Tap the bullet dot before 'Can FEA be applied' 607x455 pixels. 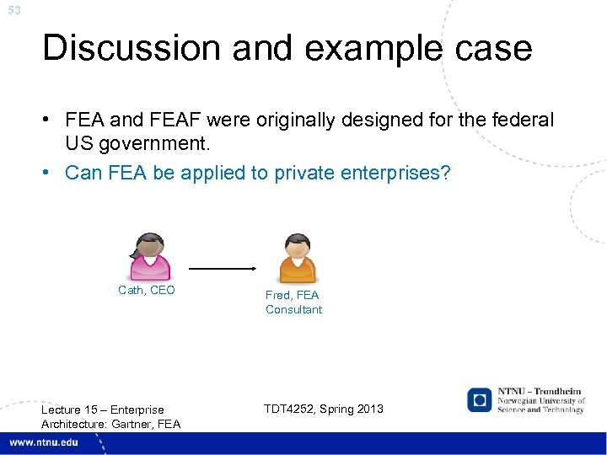click(51, 173)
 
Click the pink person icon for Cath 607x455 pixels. click(149, 256)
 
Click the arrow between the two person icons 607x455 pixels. click(223, 269)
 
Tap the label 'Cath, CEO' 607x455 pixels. click(147, 290)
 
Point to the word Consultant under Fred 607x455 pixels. click(293, 309)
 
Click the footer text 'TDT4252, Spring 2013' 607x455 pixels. click(323, 409)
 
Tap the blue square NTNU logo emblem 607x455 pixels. click(480, 399)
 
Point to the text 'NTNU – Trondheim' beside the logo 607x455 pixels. click(540, 392)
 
